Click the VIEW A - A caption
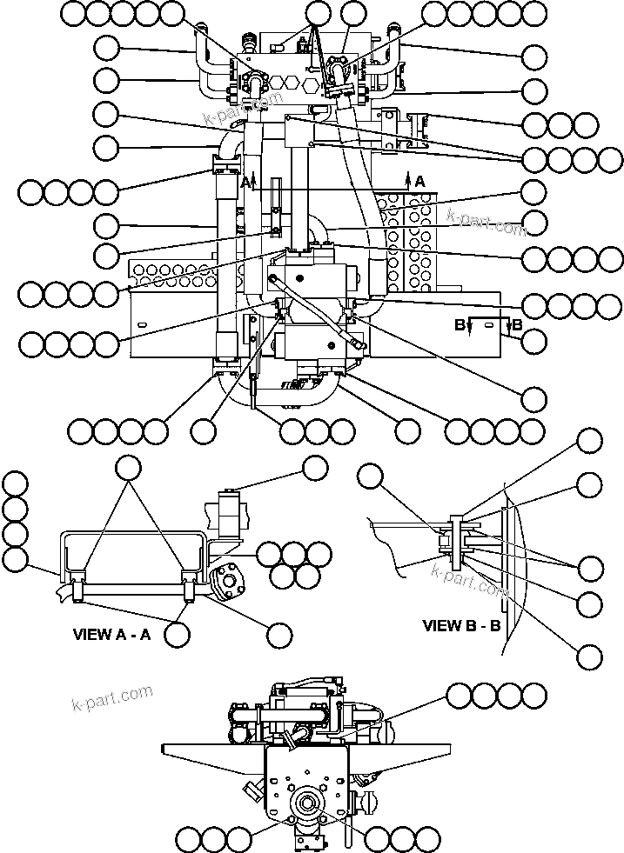(x=111, y=634)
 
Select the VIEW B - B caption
(x=461, y=624)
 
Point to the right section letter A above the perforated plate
(x=419, y=181)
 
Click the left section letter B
(x=459, y=325)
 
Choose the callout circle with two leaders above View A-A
(x=129, y=467)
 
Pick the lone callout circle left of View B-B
(x=372, y=476)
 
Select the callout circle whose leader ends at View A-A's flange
(x=278, y=636)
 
